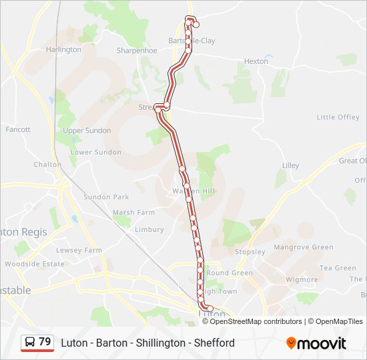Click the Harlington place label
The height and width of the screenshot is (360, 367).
tap(63, 49)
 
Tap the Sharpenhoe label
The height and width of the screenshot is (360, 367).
tap(137, 51)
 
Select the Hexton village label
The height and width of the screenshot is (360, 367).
tap(256, 61)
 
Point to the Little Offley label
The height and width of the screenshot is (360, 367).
tap(338, 117)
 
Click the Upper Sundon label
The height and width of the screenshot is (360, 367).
tap(87, 131)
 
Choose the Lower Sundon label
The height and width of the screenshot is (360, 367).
tap(96, 152)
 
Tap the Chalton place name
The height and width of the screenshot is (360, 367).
tap(47, 165)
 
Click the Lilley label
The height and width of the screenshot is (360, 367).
tap(290, 165)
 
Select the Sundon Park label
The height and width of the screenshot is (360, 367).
tap(106, 197)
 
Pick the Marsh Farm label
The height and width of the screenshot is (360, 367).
tap(133, 213)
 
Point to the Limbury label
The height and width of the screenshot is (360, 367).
tap(149, 229)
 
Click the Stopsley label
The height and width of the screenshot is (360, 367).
tap(250, 252)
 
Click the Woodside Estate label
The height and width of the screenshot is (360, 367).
tap(34, 264)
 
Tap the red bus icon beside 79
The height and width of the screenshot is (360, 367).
tap(29, 343)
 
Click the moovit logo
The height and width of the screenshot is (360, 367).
tap(316, 343)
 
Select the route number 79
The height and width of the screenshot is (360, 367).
tap(45, 342)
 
